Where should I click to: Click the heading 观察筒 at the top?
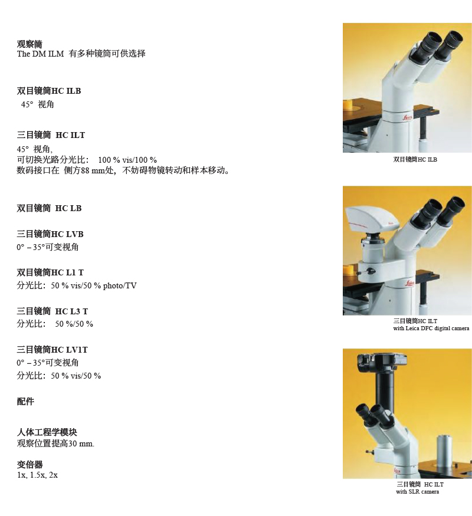coord(29,44)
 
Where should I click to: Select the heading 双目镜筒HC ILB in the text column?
coord(49,91)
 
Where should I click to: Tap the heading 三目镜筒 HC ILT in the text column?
coord(51,135)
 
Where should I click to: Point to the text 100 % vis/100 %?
coord(127,160)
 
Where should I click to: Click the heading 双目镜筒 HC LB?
coord(50,208)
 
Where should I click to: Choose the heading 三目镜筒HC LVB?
coord(50,234)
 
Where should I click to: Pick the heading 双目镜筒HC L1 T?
coord(50,272)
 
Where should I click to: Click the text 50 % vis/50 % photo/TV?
coord(94,285)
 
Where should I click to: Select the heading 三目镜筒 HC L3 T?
coord(53,311)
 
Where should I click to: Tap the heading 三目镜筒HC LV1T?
coord(53,350)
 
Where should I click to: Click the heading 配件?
coord(25,402)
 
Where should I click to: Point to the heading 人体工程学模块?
coord(47,432)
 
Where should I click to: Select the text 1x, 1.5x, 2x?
coord(37,475)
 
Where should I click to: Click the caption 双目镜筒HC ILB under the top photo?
coord(415,160)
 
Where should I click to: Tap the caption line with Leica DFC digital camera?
coord(431,328)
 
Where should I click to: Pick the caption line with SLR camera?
coord(417,492)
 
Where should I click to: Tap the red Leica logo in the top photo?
coord(407,117)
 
